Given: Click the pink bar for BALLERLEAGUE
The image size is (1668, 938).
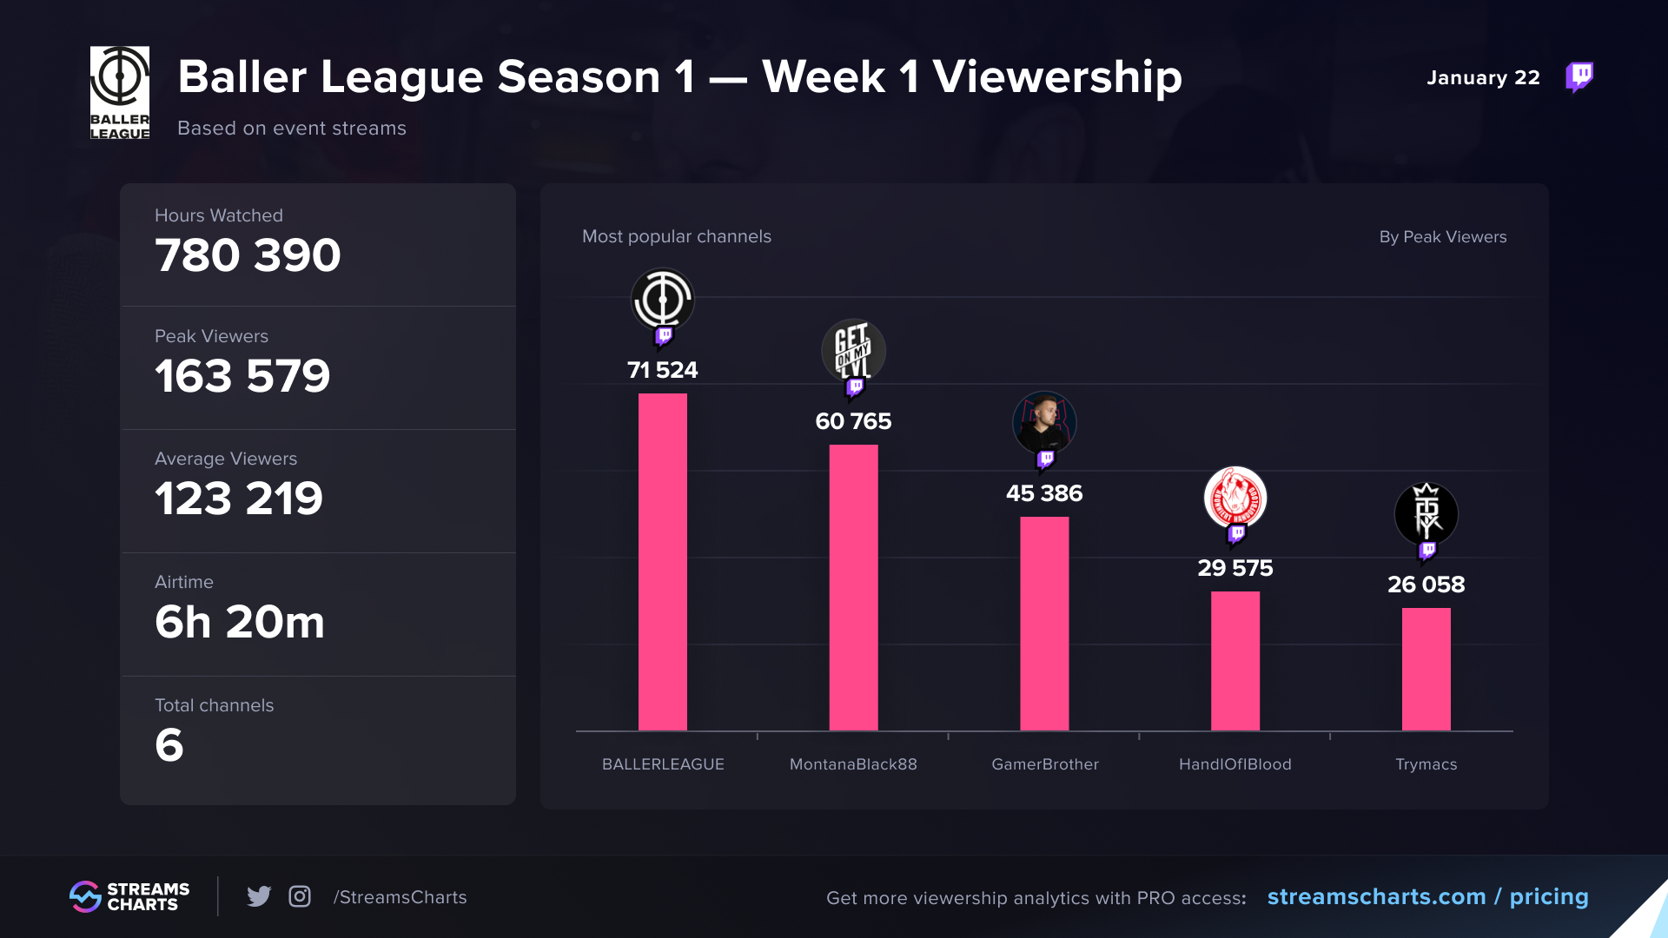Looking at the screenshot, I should [663, 562].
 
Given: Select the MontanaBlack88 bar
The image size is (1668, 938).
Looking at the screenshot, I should [853, 588].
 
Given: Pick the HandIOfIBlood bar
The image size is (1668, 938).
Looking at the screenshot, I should [1235, 661].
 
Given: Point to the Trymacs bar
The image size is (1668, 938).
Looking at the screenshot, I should [1426, 670].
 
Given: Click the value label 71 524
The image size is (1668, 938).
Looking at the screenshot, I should [663, 370].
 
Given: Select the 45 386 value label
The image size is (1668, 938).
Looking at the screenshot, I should [1044, 493].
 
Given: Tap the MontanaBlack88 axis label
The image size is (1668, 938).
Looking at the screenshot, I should [853, 764].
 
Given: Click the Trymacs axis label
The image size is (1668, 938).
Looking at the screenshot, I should [1426, 764].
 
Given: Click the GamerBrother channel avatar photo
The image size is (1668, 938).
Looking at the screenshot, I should [1044, 423].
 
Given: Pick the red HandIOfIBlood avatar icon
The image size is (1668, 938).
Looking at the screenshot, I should [1235, 498].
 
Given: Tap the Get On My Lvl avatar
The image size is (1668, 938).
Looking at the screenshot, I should [853, 350].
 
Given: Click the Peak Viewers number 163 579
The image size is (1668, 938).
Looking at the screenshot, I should [242, 376].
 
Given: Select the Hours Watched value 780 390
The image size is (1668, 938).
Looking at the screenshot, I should [248, 255].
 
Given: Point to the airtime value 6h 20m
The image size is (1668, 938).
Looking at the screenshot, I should [240, 622].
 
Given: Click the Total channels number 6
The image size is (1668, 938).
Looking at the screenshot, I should [169, 745].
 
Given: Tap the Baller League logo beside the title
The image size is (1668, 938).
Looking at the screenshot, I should [120, 93].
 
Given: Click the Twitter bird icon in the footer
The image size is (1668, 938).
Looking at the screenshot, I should [259, 896].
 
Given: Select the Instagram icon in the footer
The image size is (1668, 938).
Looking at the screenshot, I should [300, 896].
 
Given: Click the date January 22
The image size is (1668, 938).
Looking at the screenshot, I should [1483, 77].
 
